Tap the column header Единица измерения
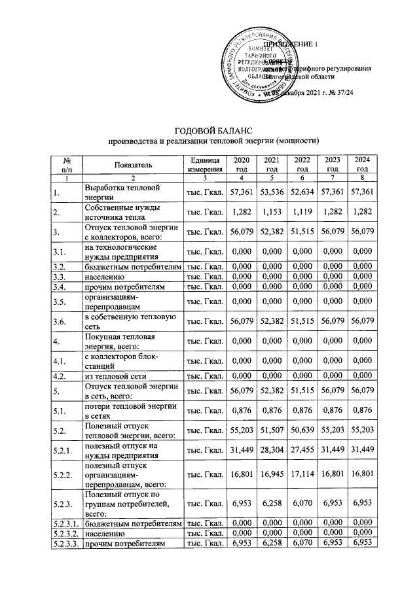(x=204, y=165)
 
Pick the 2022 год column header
(x=302, y=165)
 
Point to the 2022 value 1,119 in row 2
(x=302, y=213)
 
